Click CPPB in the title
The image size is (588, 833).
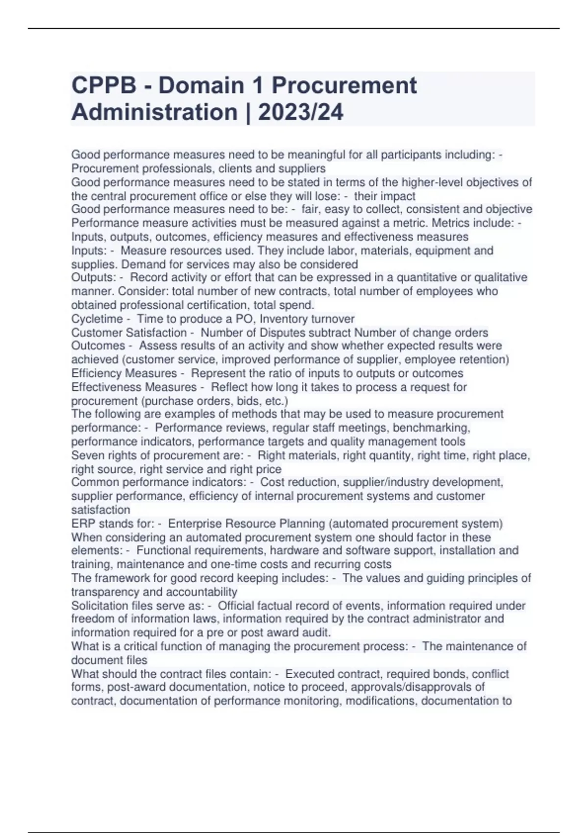coord(103,86)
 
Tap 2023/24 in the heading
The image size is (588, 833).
coord(300,112)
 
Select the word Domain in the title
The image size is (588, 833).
coord(201,86)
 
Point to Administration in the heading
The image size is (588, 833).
coord(154,112)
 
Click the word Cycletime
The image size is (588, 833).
coord(97,319)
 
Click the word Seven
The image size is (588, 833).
coord(86,456)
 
